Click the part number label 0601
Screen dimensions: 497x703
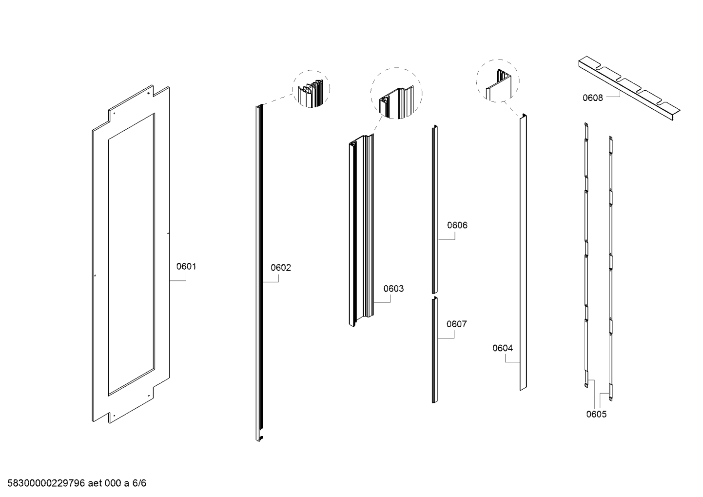coord(186,267)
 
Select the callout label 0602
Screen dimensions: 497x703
coord(280,268)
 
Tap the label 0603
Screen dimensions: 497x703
coord(393,289)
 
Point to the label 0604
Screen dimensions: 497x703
coord(502,348)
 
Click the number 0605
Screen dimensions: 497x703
coord(596,415)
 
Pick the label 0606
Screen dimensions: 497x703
coord(457,225)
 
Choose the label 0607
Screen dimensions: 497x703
coord(456,324)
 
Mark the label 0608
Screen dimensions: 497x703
coord(592,98)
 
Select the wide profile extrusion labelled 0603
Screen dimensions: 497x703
coord(361,229)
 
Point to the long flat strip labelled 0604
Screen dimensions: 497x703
coord(523,254)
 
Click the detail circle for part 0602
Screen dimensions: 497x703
coord(311,89)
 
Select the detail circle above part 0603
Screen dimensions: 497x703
coord(396,94)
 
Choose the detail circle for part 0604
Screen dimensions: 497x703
coord(497,81)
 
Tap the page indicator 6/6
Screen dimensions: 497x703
coord(139,484)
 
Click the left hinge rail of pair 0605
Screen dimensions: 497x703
coord(586,254)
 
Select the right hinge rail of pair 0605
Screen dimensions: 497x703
coord(610,268)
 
